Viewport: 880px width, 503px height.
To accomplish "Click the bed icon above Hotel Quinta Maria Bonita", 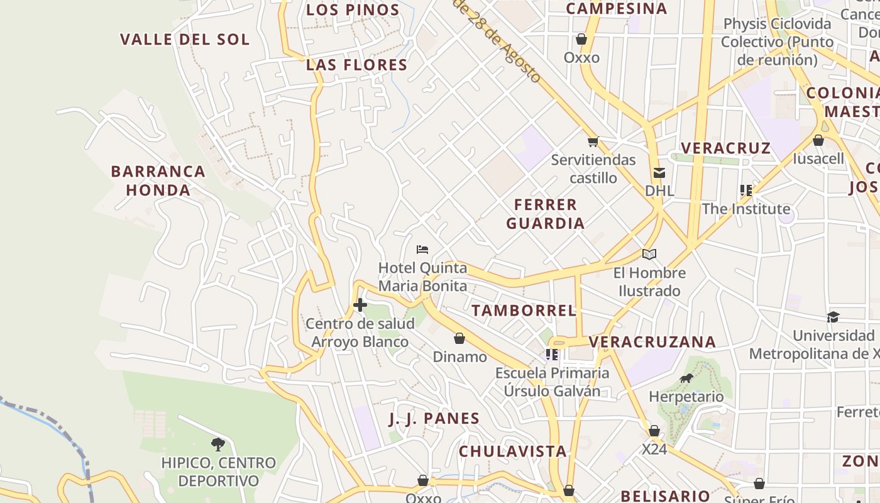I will [x=422, y=250].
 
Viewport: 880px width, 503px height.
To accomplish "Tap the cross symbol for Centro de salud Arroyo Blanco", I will [x=360, y=306].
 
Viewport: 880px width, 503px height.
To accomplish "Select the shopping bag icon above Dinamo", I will [x=459, y=339].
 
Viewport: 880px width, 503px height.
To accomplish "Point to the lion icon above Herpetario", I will [x=686, y=379].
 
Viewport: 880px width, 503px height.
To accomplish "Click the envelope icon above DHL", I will [x=659, y=173].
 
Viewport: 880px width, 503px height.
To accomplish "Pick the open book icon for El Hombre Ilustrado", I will [x=649, y=255].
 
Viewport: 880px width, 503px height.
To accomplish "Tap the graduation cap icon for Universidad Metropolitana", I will [x=833, y=317].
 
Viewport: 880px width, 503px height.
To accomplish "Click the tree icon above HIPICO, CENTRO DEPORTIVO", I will [x=218, y=445].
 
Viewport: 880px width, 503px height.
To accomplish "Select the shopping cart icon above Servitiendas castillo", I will [x=593, y=141].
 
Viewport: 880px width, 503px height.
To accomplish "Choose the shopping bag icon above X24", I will [x=654, y=431].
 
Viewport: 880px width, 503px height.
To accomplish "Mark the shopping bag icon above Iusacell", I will [x=818, y=140].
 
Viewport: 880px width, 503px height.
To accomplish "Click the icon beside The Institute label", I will [x=746, y=190].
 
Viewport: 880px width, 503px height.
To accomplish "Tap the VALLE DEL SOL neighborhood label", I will [x=185, y=39].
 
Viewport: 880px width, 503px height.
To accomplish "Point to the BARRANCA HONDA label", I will [x=158, y=180].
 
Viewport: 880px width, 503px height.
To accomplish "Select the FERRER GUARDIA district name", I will [x=545, y=214].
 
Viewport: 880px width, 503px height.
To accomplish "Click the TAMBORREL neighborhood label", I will [x=524, y=310].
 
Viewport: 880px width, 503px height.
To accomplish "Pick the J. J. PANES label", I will [x=434, y=419].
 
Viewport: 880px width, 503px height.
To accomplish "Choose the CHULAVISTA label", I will [x=512, y=451].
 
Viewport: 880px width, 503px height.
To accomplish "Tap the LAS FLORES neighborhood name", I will [x=356, y=65].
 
